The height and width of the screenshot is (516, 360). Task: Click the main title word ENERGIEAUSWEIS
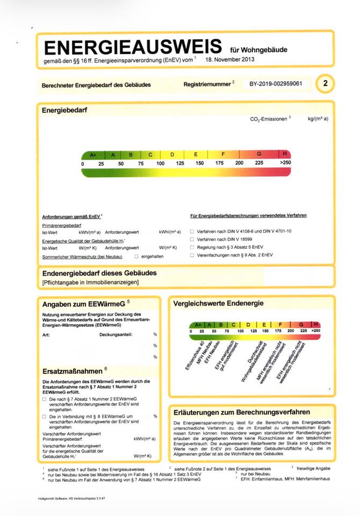pos(133,47)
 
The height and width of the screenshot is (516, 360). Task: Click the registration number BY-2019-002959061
pos(276,84)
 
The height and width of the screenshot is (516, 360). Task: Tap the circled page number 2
pos(325,83)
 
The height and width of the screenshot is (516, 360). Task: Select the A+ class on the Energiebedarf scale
pos(93,154)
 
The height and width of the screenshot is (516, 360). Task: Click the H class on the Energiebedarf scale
pos(285,154)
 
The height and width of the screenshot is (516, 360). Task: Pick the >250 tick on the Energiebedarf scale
pos(285,163)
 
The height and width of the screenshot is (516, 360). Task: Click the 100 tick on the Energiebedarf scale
pos(160,163)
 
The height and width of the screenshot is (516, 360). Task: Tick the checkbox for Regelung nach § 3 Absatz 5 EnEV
pos(192,247)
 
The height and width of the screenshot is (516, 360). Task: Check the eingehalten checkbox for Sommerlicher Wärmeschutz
pos(136,256)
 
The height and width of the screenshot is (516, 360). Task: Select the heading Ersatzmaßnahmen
pos(73,371)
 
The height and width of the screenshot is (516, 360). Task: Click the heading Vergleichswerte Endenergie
pos(218,303)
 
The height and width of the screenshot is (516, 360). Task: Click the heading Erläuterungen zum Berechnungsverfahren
pos(242,412)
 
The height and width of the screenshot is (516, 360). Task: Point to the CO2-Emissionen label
pos(269,119)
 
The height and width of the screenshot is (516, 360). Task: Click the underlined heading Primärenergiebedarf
pos(62,226)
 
